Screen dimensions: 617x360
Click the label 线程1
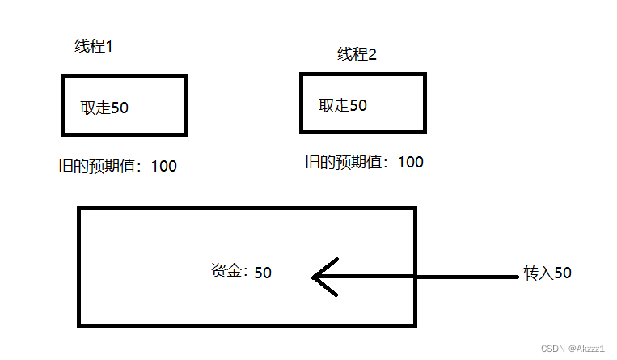pyautogui.click(x=94, y=46)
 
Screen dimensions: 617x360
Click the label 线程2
pyautogui.click(x=357, y=55)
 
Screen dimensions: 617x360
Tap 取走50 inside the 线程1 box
pyautogui.click(x=104, y=108)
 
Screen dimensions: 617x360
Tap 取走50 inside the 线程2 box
pyautogui.click(x=343, y=105)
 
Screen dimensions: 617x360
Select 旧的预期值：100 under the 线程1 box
pyautogui.click(x=113, y=167)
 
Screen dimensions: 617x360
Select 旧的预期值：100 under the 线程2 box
pyautogui.click(x=364, y=162)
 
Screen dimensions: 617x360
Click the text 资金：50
pyautogui.click(x=240, y=272)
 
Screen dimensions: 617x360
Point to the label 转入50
pyautogui.click(x=547, y=273)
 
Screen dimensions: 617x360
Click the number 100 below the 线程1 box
pyautogui.click(x=163, y=167)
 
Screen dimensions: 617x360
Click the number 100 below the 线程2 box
pyautogui.click(x=411, y=162)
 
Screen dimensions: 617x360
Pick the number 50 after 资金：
pyautogui.click(x=263, y=273)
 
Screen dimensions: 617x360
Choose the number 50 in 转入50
pyautogui.click(x=563, y=273)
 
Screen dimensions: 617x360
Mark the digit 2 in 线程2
pyautogui.click(x=373, y=55)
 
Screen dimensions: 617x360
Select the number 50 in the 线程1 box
pyautogui.click(x=119, y=108)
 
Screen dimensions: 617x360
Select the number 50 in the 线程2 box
pyautogui.click(x=357, y=105)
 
